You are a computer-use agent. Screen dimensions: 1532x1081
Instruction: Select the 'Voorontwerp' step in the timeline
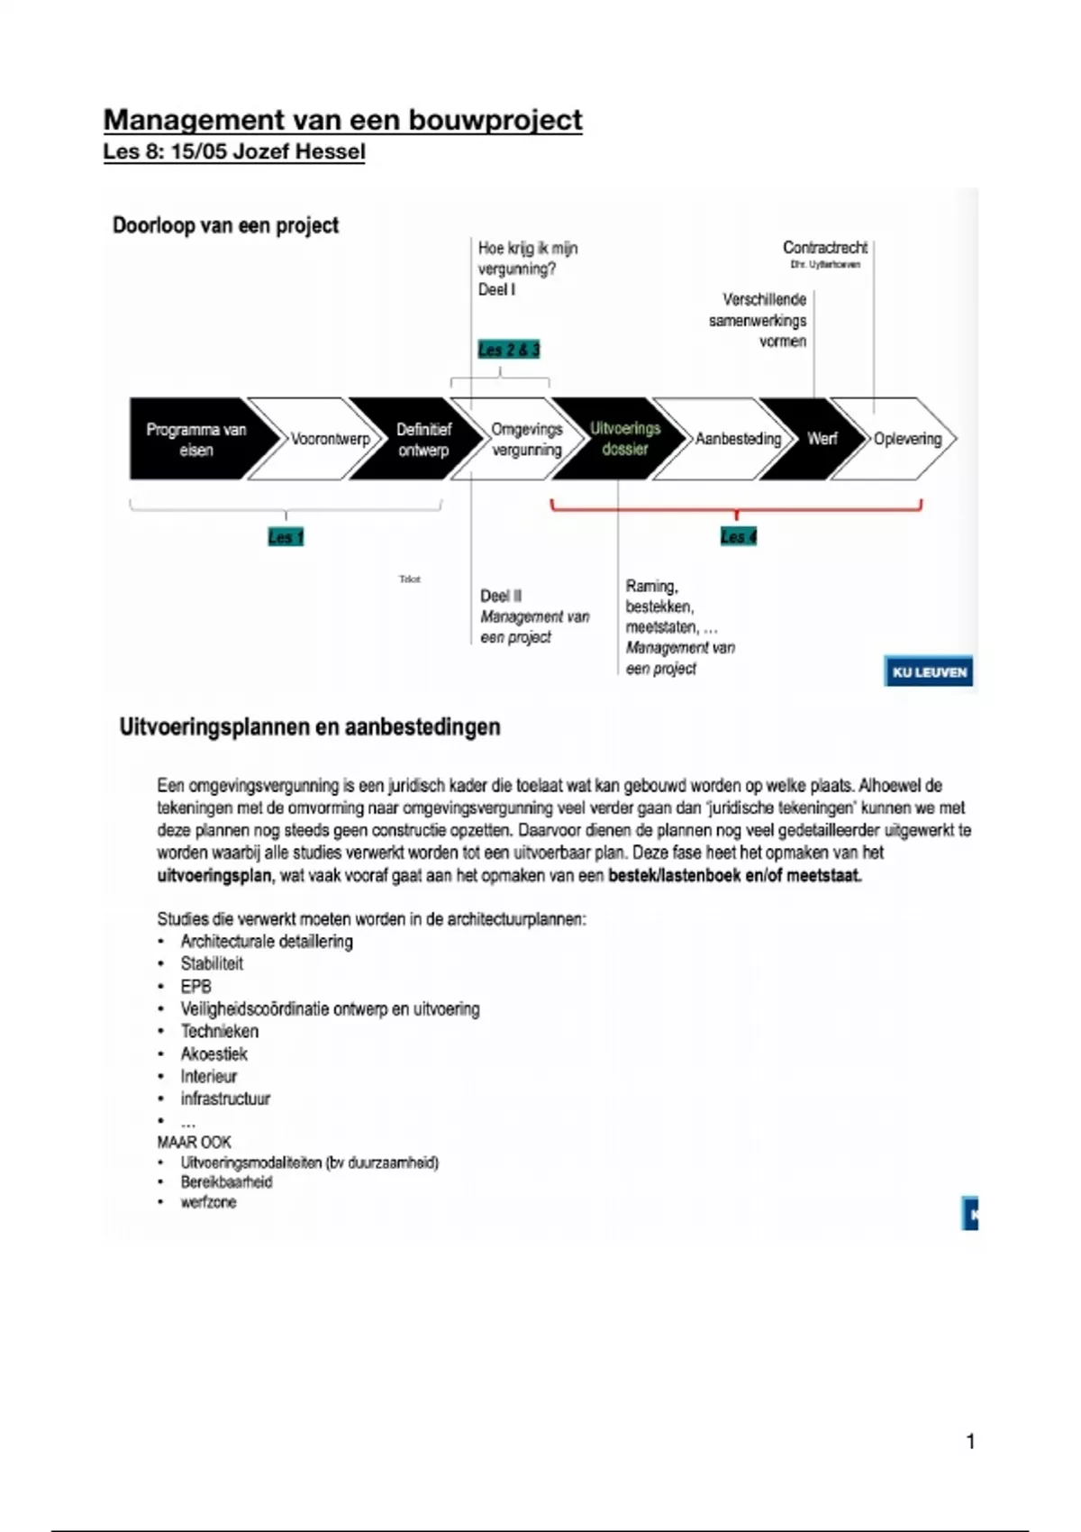point(329,439)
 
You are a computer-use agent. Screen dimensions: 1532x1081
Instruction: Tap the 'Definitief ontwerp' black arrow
point(423,439)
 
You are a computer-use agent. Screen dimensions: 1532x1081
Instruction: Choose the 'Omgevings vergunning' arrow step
point(526,439)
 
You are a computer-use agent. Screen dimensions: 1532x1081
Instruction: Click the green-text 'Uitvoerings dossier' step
point(624,439)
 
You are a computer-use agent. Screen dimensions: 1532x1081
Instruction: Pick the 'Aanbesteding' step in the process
point(737,439)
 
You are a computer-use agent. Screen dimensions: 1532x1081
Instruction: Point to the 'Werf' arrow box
point(821,439)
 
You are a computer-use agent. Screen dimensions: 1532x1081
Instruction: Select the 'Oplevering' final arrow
point(906,439)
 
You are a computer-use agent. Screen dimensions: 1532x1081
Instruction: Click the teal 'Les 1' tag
point(286,538)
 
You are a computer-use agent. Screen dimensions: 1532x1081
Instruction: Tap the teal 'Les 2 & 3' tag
point(509,350)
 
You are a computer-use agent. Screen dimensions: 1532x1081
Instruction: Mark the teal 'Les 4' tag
point(739,537)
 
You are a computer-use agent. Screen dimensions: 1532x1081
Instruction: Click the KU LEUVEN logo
point(929,672)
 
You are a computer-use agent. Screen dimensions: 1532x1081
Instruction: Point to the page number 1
point(970,1442)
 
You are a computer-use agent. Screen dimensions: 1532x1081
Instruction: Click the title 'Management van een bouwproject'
point(342,120)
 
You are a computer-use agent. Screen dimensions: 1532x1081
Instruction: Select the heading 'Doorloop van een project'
point(225,225)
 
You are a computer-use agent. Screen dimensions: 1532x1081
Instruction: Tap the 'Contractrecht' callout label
point(824,248)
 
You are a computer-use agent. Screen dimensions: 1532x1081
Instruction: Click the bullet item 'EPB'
point(195,987)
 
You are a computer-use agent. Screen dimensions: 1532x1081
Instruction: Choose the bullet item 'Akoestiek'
point(213,1054)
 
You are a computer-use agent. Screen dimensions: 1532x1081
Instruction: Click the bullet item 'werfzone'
point(208,1203)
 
